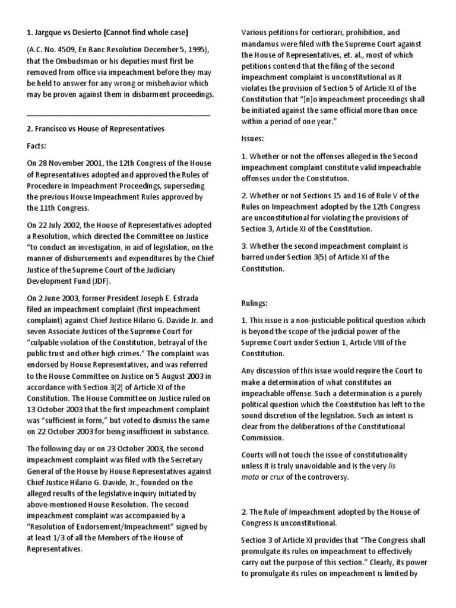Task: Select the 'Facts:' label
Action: point(40,145)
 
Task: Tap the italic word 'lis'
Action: point(391,466)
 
